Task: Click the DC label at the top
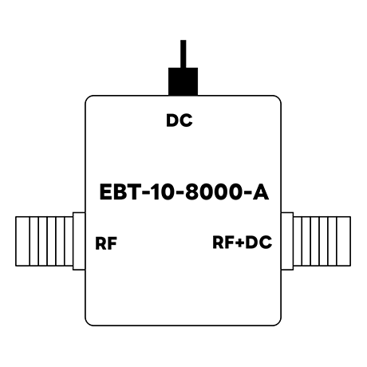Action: click(180, 120)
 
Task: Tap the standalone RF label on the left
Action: click(106, 243)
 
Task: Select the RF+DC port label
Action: click(243, 243)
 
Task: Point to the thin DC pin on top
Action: click(183, 54)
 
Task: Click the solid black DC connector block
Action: click(183, 81)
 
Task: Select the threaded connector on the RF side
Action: click(44, 241)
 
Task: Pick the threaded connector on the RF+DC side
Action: click(322, 241)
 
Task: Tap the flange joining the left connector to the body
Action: click(79, 241)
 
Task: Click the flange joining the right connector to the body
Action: click(287, 241)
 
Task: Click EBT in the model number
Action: click(120, 191)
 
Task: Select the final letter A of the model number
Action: click(261, 191)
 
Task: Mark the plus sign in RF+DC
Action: click(240, 243)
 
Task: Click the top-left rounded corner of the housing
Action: click(88, 98)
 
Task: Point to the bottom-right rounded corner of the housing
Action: click(278, 322)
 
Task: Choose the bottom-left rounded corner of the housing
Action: click(88, 322)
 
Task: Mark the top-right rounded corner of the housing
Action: click(278, 98)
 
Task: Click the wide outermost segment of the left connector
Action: click(22, 241)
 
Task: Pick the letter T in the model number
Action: click(133, 191)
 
